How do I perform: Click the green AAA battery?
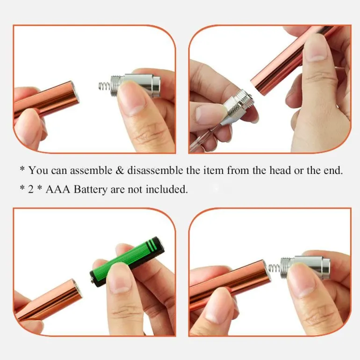[x=127, y=261]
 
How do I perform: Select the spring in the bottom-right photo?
[x=274, y=268]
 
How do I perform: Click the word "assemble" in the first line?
[x=91, y=170]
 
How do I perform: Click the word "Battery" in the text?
[x=90, y=190]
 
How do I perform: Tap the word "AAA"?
[x=58, y=189]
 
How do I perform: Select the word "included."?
[x=167, y=189]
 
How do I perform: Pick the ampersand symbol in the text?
[x=120, y=171]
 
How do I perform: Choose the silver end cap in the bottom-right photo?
[x=306, y=267]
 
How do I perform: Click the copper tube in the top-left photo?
[x=46, y=100]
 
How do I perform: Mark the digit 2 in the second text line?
[x=31, y=190]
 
